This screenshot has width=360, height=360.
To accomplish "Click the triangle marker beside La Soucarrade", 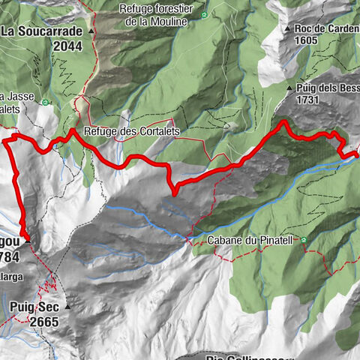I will pyautogui.click(x=91, y=32).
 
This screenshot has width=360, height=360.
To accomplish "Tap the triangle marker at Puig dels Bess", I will pyautogui.click(x=289, y=88).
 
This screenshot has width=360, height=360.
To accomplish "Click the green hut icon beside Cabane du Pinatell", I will pyautogui.click(x=303, y=241).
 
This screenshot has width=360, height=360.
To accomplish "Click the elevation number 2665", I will pyautogui.click(x=43, y=320).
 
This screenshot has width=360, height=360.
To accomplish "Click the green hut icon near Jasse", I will pyautogui.click(x=46, y=103).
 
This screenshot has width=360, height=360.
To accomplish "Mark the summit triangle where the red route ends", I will pyautogui.click(x=28, y=241).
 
